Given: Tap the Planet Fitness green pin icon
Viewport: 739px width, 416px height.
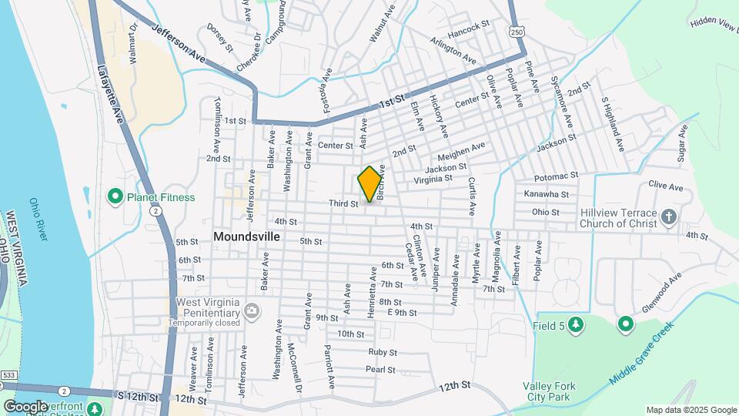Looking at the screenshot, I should [x=115, y=197].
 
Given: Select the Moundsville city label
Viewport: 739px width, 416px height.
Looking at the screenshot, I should [x=247, y=237].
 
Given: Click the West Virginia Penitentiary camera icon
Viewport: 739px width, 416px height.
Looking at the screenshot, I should [x=251, y=310].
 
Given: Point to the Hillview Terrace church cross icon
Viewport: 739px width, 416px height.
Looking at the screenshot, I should [x=668, y=218].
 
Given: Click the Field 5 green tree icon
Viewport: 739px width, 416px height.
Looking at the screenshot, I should [x=575, y=326].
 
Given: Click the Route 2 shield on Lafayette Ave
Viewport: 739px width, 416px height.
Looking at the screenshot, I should [x=155, y=210].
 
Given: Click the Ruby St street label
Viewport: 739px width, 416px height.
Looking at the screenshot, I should [x=382, y=352].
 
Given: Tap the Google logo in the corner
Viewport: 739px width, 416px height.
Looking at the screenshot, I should [x=25, y=405].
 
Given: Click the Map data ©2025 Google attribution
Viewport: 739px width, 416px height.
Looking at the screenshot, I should [x=691, y=410].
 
